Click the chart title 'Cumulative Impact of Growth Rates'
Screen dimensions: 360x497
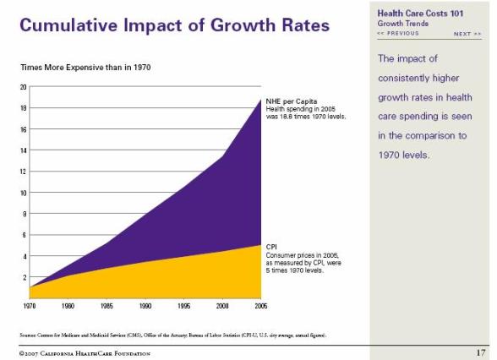[x=174, y=25]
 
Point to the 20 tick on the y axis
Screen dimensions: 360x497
[x=24, y=87]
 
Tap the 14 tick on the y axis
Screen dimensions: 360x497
[x=24, y=150]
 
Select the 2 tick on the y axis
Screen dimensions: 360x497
[x=25, y=277]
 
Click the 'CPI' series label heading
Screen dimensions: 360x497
[x=271, y=247]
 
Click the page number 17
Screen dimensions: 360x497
[x=479, y=351]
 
